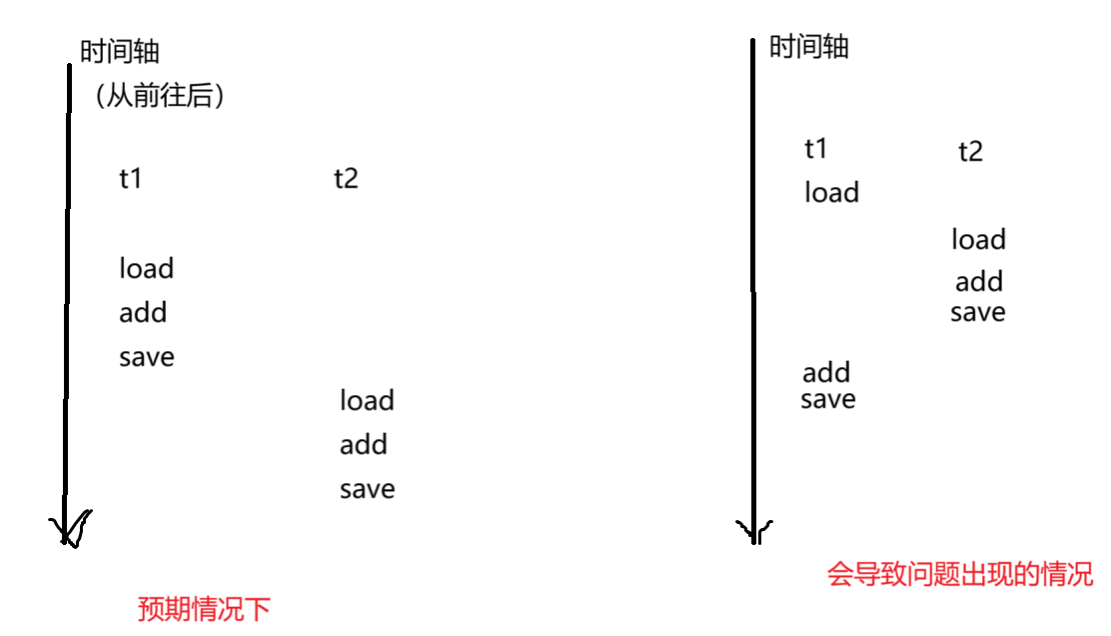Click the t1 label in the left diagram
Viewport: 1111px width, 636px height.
[130, 180]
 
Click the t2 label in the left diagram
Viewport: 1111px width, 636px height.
[346, 180]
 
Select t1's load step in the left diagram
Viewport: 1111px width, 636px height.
[146, 269]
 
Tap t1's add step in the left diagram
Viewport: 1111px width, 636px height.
[143, 313]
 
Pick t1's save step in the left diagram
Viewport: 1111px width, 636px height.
[146, 357]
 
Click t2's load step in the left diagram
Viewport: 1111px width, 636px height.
[367, 401]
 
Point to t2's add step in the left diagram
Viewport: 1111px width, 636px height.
[364, 445]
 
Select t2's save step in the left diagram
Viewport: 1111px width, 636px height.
[367, 489]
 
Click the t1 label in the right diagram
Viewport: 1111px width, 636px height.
[816, 150]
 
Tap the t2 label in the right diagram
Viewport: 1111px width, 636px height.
[970, 152]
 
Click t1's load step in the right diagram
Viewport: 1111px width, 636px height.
[831, 192]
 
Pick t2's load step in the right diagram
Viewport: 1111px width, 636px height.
[978, 240]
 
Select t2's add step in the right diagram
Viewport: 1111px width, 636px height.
[978, 282]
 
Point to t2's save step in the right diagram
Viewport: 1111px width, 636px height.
[978, 312]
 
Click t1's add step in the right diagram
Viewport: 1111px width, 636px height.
[826, 373]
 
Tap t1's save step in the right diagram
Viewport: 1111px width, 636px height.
[828, 399]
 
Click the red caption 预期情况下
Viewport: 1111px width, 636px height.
[204, 609]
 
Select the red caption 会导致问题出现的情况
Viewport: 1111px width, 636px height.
[960, 575]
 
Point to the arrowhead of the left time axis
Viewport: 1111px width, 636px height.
[67, 530]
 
